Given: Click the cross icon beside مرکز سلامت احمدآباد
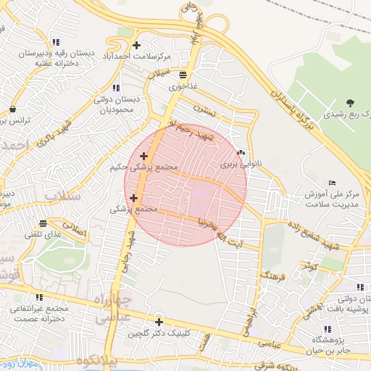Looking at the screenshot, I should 136,46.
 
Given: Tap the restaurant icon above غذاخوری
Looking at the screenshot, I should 181,75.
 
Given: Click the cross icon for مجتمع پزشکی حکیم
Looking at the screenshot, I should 143,156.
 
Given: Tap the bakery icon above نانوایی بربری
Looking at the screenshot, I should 241,153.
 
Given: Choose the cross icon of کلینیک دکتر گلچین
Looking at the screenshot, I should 159,322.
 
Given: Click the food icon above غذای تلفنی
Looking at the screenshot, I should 43,223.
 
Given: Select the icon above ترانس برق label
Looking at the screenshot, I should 13,109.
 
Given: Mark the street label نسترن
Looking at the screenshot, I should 206,110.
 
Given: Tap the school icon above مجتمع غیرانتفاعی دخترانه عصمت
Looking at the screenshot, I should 38,297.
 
